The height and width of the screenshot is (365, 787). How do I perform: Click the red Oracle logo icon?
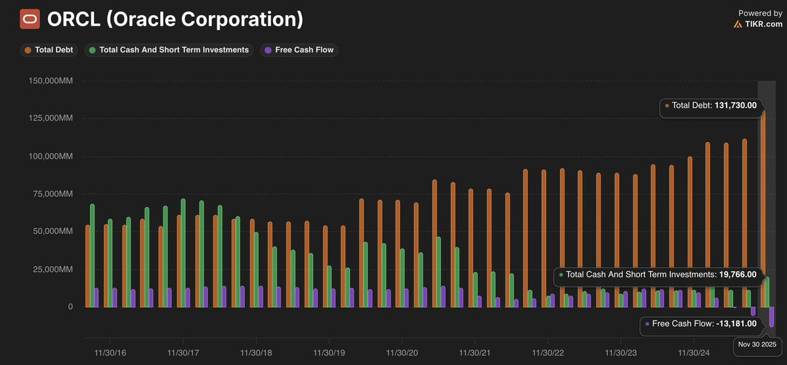[x=30, y=20]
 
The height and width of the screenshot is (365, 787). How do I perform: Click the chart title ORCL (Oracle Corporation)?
[x=175, y=20]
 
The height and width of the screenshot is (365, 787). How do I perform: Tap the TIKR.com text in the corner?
[x=763, y=24]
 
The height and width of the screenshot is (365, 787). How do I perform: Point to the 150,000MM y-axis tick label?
[x=50, y=81]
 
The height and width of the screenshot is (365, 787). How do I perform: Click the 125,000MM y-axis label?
[x=50, y=119]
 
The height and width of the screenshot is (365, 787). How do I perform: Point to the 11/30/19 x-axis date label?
[x=329, y=353]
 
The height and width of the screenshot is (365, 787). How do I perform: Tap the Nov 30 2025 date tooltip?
[x=757, y=344]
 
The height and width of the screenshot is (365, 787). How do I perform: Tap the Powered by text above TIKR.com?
[x=760, y=13]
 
